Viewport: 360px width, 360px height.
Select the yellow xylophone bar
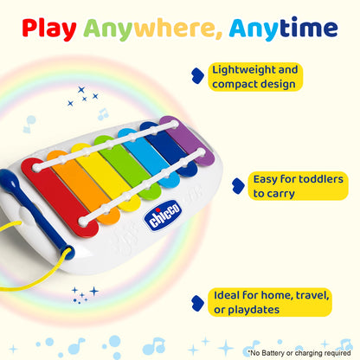tap(97, 177)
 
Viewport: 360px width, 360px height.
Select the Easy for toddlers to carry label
tap(297, 186)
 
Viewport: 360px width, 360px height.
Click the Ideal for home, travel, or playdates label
tap(271, 302)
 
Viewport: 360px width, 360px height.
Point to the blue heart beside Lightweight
tap(199, 76)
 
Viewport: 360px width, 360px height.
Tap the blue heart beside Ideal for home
tap(199, 302)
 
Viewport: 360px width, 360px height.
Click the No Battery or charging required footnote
tap(300, 352)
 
